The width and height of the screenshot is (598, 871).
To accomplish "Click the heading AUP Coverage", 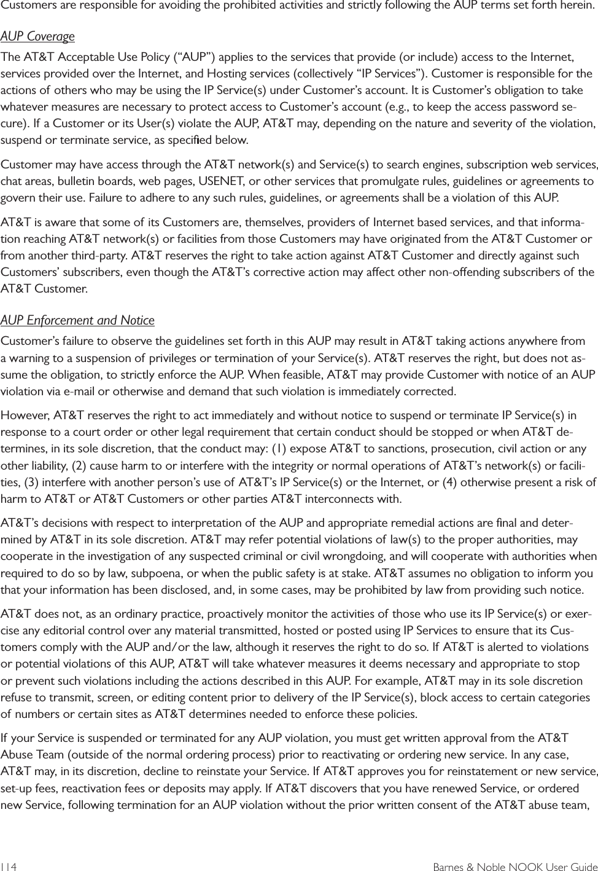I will tap(37, 37).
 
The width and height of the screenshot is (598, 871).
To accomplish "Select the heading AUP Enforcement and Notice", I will tap(77, 320).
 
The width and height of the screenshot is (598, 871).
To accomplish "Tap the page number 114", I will tap(9, 867).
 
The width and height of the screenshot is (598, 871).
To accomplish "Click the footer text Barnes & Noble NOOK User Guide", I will tap(515, 867).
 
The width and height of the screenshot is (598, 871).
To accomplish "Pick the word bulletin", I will tap(66, 181).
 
